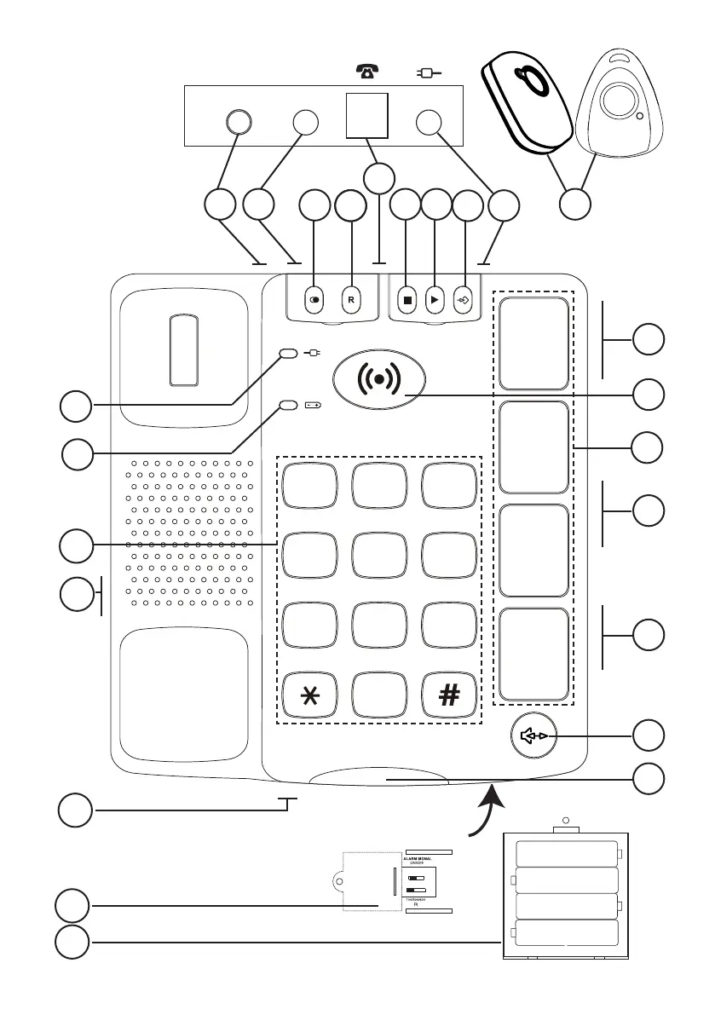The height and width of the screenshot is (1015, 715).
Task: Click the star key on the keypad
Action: click(x=307, y=695)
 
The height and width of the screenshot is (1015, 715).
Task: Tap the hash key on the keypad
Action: click(x=448, y=695)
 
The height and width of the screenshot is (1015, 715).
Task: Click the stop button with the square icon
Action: click(x=407, y=300)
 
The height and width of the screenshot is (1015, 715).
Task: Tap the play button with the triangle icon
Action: click(x=435, y=300)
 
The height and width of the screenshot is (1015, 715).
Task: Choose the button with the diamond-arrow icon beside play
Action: click(x=464, y=300)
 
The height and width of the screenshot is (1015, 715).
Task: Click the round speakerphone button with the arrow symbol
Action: click(x=534, y=735)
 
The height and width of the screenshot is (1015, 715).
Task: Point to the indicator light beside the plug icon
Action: click(x=289, y=354)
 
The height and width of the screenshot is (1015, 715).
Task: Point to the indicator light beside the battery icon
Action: click(x=289, y=406)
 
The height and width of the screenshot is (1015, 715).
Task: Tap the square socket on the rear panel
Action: click(x=366, y=116)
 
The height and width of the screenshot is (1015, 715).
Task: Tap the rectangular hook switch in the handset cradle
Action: click(x=184, y=349)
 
